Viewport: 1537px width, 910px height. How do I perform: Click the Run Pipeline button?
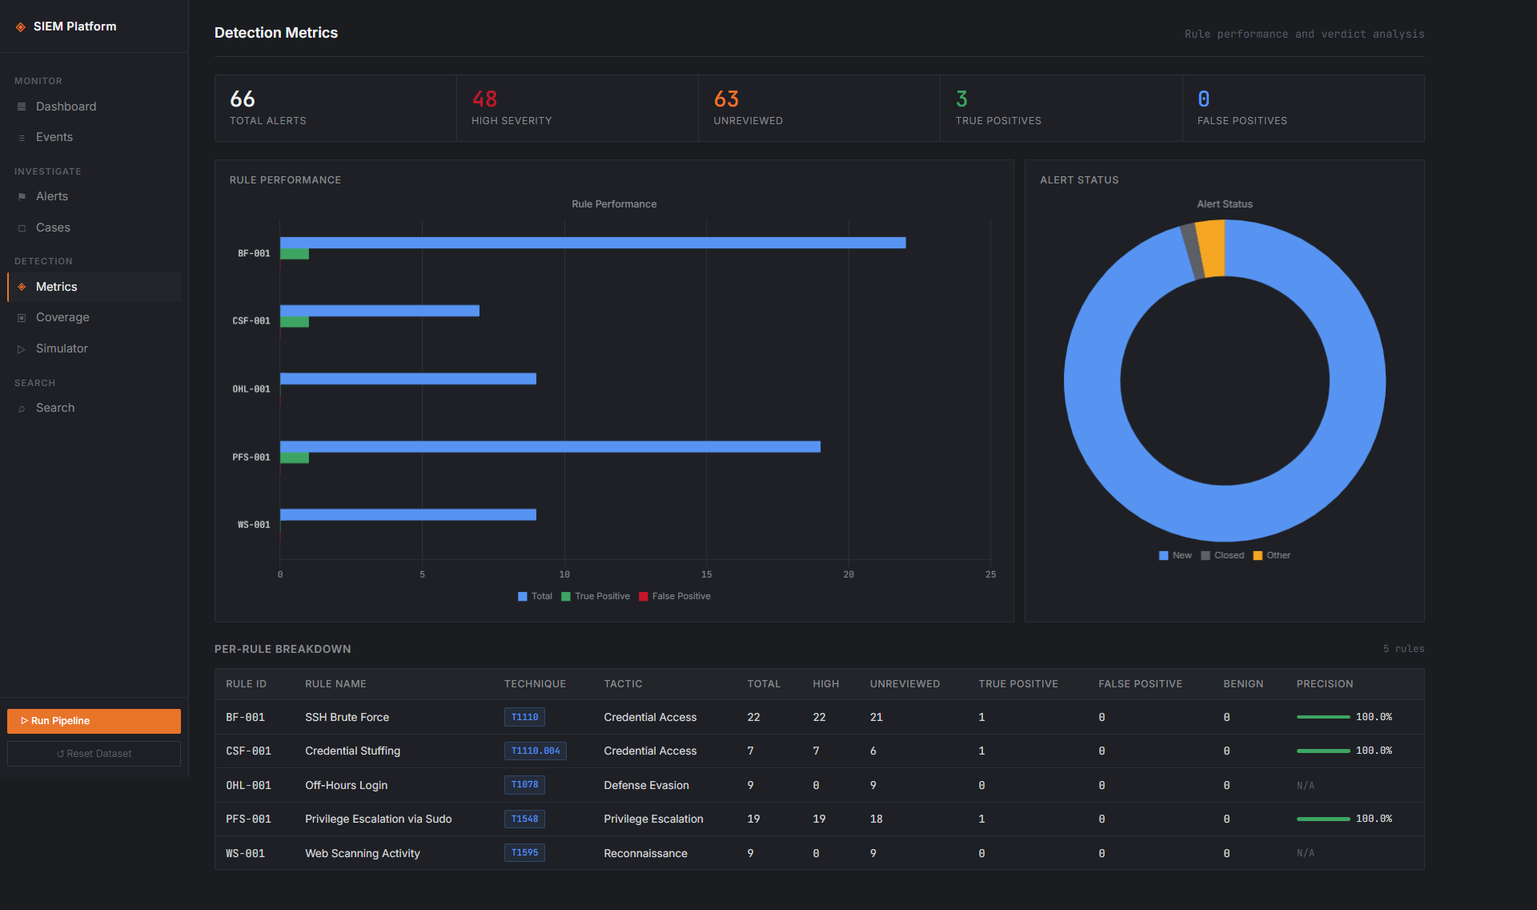pos(94,721)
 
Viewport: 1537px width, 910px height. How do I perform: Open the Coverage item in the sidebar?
pos(62,317)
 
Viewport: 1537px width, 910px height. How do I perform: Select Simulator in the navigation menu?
pos(62,348)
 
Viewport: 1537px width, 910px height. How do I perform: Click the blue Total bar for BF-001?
pos(592,243)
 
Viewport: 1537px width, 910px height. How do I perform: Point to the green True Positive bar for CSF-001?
pos(295,322)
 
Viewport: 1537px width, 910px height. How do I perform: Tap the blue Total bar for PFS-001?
pos(550,447)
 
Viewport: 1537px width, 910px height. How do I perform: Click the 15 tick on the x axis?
pos(706,574)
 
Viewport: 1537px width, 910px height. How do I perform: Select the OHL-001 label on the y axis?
pos(251,389)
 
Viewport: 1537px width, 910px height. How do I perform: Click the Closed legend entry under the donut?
pos(1222,555)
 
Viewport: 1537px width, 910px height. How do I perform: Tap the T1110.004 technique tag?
pos(536,751)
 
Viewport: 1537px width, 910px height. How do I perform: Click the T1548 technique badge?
pos(524,819)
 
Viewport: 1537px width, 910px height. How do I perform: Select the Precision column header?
pos(1325,684)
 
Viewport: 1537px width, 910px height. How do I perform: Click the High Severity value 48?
pos(484,99)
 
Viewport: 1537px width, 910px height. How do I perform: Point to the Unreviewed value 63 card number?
pos(726,99)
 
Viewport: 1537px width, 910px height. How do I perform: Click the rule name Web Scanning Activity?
pos(363,854)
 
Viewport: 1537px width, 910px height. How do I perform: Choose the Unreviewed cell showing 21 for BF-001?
pos(877,718)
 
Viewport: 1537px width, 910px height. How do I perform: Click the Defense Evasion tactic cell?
pos(646,786)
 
